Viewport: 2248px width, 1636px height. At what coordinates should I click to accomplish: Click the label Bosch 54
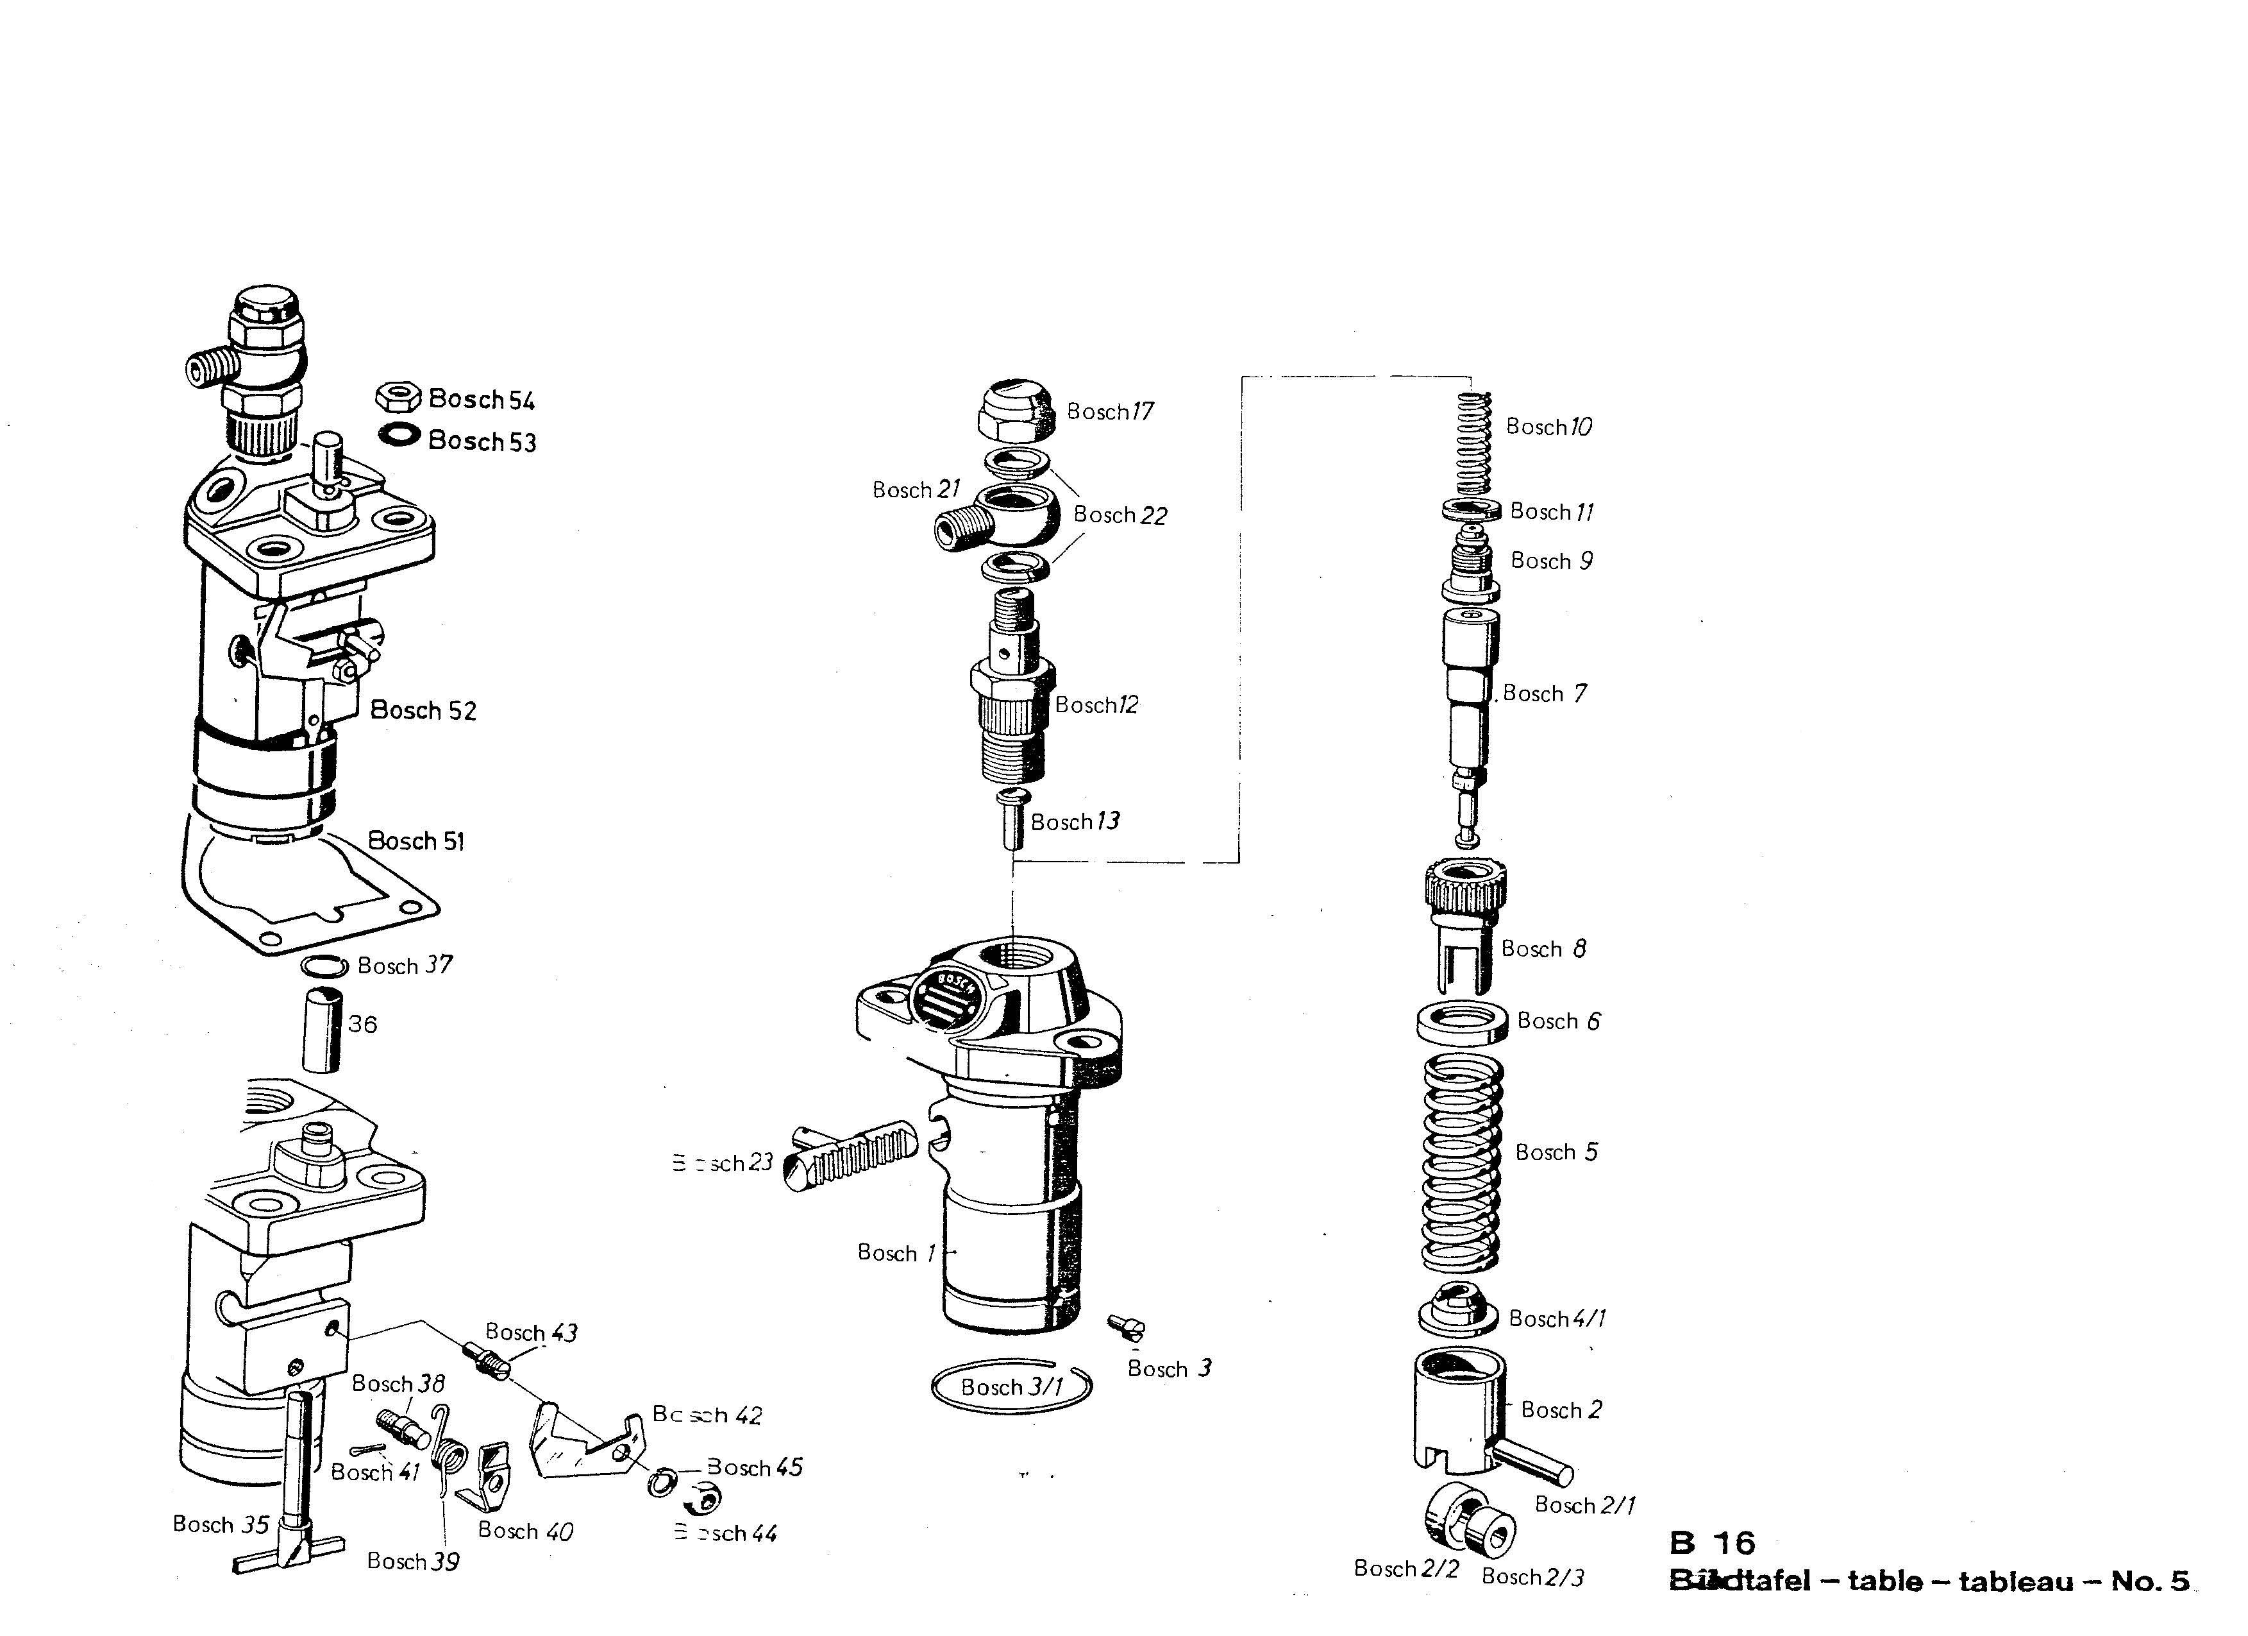pos(482,400)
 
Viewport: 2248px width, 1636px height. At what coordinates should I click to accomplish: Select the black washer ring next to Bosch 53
pos(398,435)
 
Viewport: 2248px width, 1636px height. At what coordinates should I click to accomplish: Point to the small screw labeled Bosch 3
pos(1127,1327)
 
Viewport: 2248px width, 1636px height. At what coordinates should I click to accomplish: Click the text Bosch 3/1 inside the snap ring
pos(1011,1387)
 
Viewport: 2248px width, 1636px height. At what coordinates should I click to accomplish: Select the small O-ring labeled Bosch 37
pos(324,966)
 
